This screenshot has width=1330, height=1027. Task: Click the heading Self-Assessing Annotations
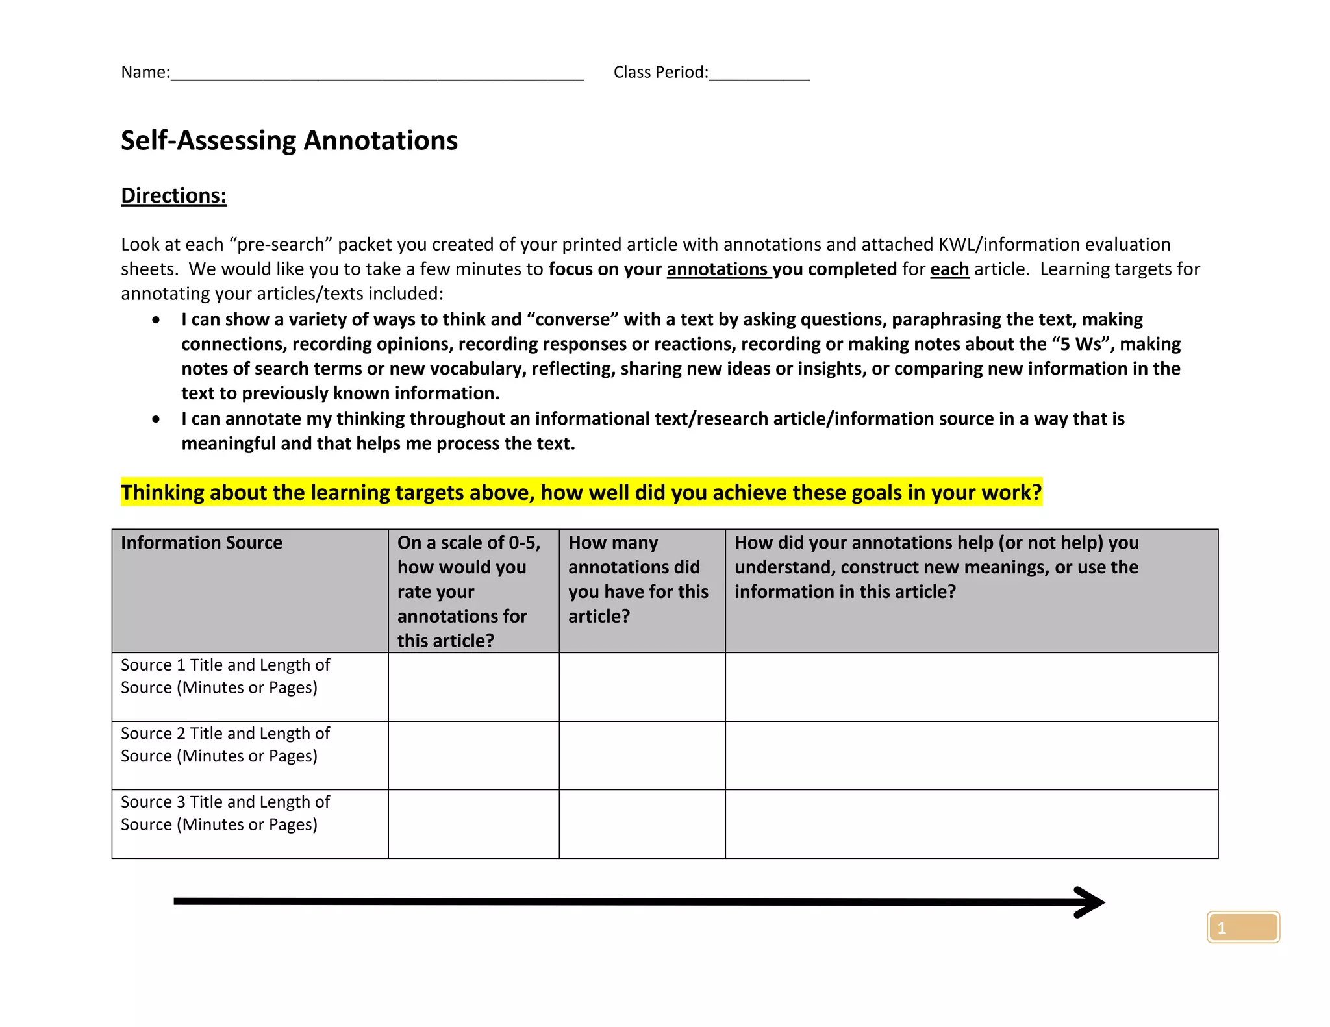(289, 140)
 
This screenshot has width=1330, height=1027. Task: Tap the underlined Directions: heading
(173, 195)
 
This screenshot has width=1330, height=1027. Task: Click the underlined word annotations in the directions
(717, 269)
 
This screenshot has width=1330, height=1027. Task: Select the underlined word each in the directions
(949, 269)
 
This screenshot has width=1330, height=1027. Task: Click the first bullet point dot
(156, 319)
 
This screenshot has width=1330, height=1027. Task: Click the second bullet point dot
(156, 419)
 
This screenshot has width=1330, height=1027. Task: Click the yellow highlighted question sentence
(581, 492)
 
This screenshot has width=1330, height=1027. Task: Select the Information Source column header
(201, 543)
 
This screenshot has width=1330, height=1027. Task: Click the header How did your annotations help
(936, 567)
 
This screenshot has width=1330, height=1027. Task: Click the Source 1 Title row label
(225, 676)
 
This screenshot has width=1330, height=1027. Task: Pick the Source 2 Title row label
(225, 745)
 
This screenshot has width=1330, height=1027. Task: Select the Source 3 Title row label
(225, 813)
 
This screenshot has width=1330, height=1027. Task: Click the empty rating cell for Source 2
(473, 755)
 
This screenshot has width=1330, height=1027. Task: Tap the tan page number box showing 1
(1242, 927)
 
